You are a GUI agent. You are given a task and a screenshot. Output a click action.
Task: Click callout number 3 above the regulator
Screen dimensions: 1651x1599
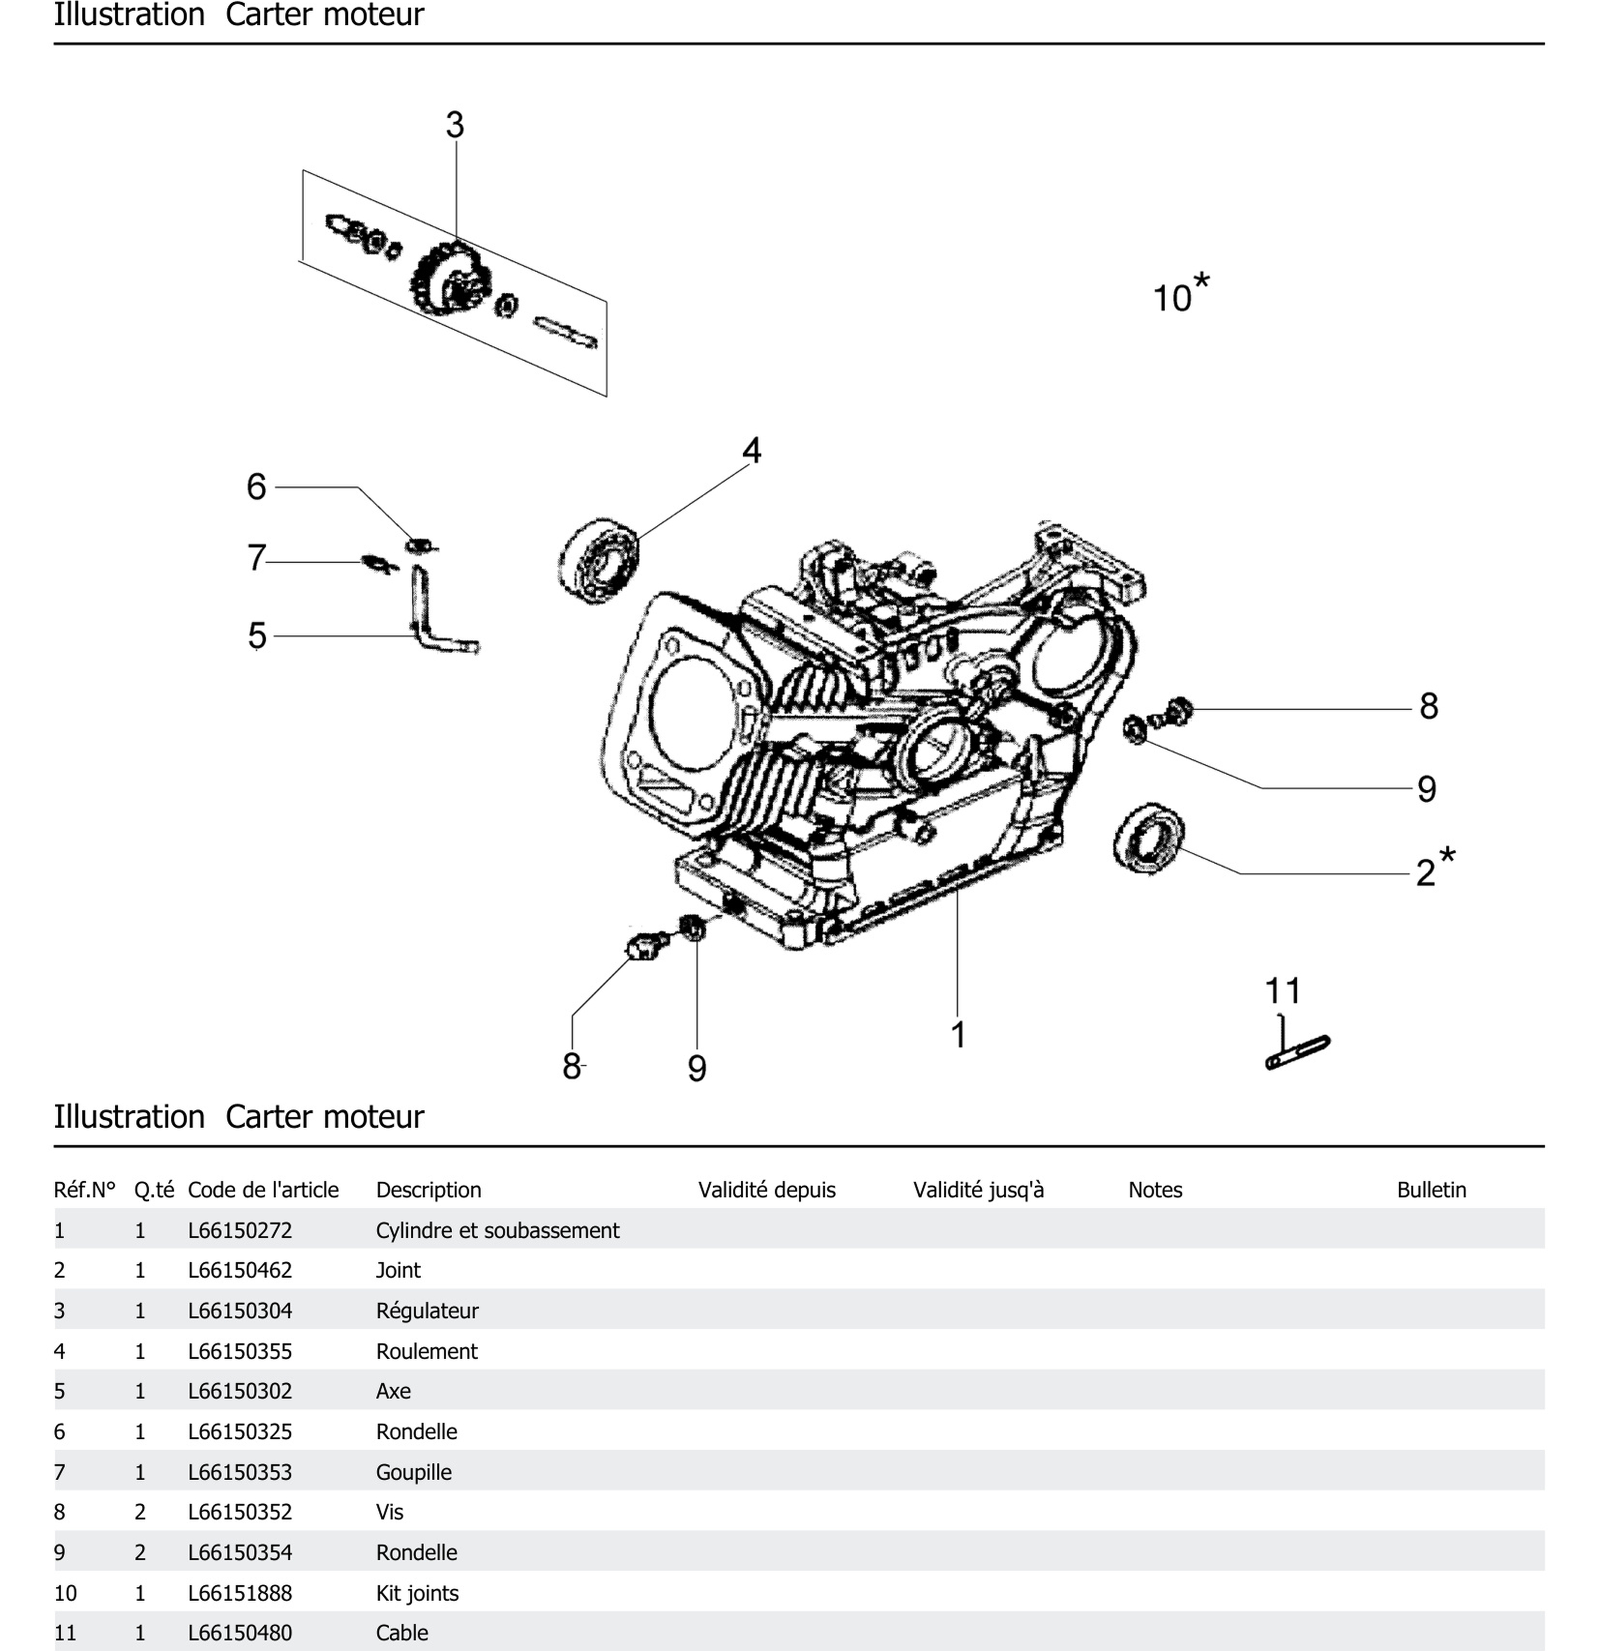(x=454, y=126)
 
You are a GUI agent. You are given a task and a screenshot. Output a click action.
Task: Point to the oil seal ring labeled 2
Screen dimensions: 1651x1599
(x=1147, y=838)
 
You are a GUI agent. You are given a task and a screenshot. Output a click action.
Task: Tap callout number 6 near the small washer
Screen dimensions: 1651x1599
(x=256, y=487)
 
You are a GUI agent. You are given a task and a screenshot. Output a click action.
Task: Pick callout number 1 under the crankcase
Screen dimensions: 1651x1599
(x=957, y=1034)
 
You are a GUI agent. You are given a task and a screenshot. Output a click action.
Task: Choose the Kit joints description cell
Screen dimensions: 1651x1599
(x=417, y=1593)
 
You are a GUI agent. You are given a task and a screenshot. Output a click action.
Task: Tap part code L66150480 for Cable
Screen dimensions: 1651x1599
(x=239, y=1633)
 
